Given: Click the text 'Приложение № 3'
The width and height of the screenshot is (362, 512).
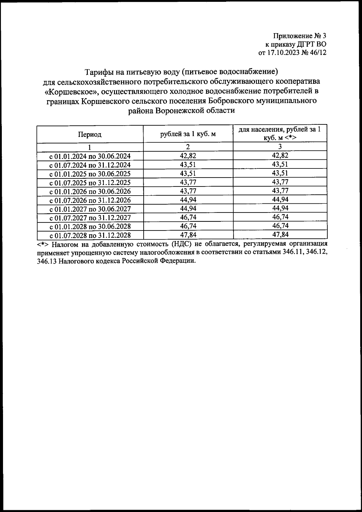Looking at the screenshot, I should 300,36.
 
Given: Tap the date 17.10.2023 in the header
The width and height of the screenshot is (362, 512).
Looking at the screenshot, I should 282,53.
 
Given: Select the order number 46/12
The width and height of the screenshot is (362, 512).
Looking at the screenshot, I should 318,53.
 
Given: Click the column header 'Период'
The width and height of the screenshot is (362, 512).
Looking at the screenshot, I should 90,134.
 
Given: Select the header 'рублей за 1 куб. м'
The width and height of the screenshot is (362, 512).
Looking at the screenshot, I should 188,134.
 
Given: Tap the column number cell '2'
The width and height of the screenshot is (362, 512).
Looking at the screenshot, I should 188,147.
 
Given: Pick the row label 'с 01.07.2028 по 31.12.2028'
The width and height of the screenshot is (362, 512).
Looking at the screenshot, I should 90,235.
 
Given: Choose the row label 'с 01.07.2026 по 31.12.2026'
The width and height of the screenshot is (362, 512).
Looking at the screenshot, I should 90,200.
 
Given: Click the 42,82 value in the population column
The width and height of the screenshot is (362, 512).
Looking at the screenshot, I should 280,155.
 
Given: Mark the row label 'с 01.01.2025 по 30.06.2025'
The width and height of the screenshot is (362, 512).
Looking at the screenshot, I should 90,174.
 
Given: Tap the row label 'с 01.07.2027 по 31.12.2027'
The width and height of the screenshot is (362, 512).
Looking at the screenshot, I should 90,218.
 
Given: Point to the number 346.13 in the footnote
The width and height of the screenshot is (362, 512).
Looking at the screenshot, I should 46,261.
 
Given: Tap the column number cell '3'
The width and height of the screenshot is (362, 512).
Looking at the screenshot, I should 280,147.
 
